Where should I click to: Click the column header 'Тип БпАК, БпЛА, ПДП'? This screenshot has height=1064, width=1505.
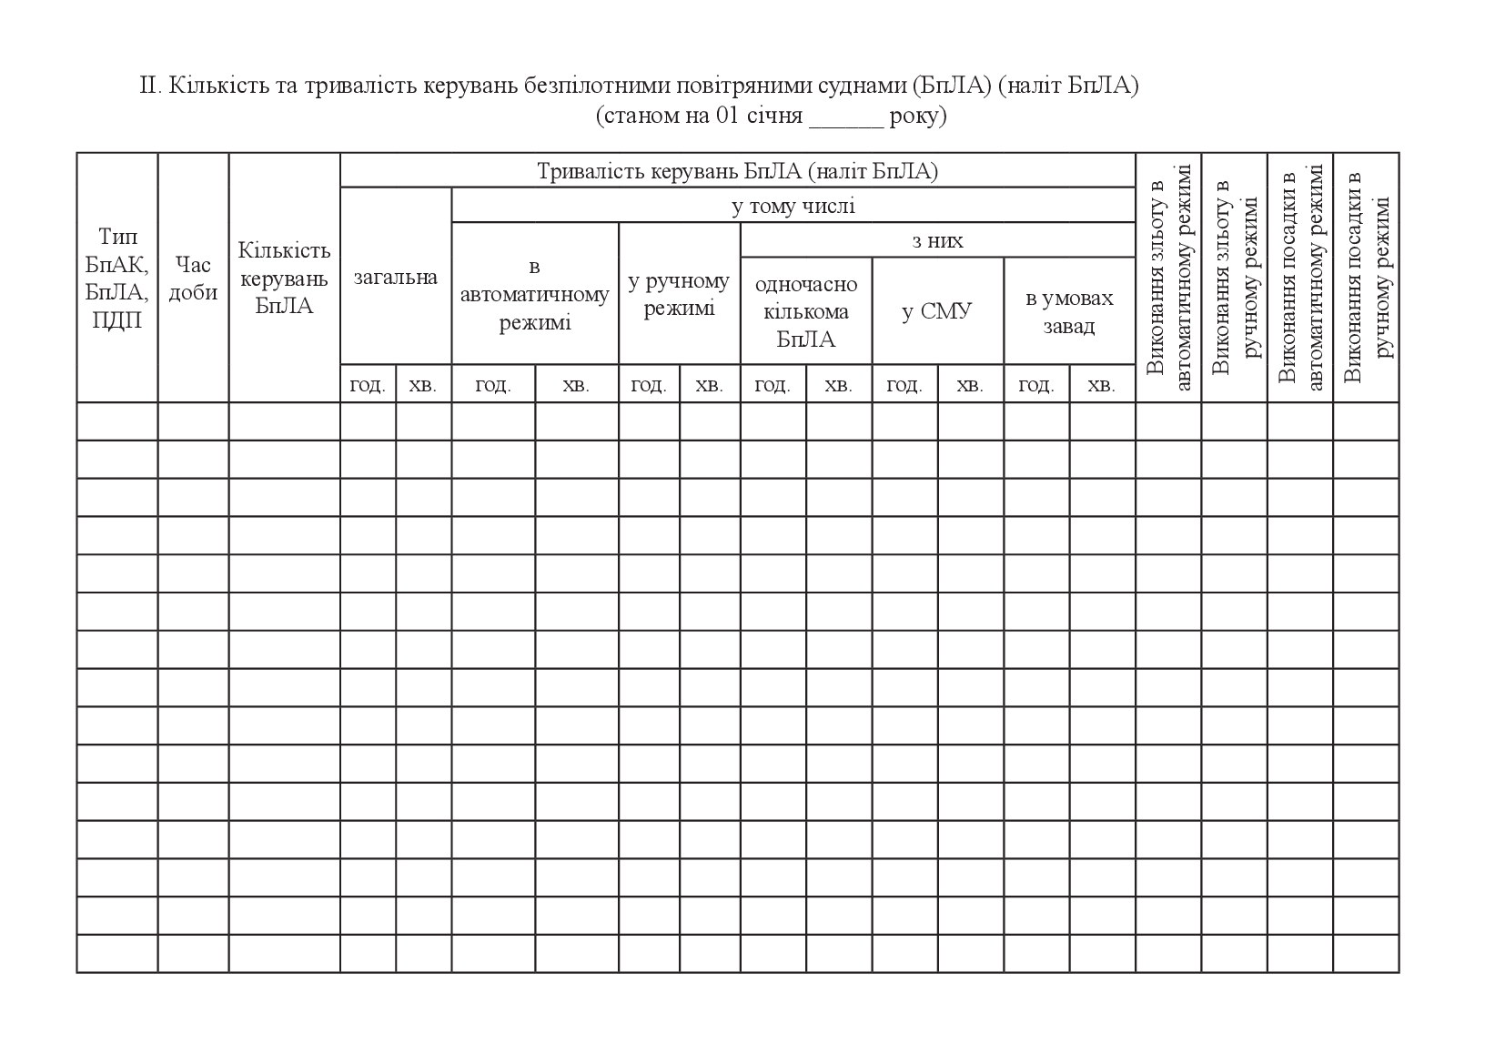(117, 279)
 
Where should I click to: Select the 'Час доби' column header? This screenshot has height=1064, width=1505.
(193, 279)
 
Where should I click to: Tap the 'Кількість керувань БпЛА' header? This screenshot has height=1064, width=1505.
(284, 279)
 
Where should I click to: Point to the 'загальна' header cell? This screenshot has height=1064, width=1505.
(396, 277)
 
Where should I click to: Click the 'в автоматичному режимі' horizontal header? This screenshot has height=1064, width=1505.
(535, 294)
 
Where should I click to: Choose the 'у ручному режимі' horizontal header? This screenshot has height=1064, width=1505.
(679, 294)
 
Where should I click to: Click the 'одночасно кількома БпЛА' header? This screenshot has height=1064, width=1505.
(806, 311)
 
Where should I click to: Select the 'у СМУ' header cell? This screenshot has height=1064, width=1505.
(937, 311)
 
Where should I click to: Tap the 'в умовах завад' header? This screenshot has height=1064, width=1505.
(1069, 311)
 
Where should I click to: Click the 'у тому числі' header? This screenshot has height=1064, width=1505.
(793, 206)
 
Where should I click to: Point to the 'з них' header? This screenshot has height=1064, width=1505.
(937, 240)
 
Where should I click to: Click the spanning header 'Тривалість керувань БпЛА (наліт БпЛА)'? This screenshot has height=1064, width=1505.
(737, 171)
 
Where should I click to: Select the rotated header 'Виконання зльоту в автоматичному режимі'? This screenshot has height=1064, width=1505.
(1168, 278)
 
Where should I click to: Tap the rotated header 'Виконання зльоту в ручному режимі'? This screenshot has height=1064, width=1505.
(1234, 278)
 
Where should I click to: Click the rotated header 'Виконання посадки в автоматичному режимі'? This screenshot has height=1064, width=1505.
(1300, 278)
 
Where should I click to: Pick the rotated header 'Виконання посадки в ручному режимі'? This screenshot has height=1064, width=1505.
(1366, 278)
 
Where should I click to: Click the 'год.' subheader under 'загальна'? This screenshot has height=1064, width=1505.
(368, 385)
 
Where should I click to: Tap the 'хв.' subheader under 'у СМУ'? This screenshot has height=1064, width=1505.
(970, 385)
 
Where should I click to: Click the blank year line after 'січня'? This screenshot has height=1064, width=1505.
(845, 118)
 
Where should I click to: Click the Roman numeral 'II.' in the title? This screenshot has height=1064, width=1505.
(150, 86)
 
